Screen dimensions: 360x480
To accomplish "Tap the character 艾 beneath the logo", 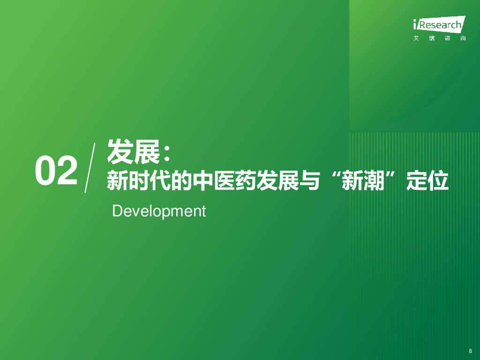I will pos(416,38).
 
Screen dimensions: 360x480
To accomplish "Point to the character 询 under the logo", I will pos(463,38).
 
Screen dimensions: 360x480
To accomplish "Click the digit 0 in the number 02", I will pos(45,171).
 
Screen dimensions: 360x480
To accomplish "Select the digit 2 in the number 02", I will pos(66,171).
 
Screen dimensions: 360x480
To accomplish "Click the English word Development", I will pos(159,211).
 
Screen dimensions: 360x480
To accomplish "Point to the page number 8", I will pos(470,351).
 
